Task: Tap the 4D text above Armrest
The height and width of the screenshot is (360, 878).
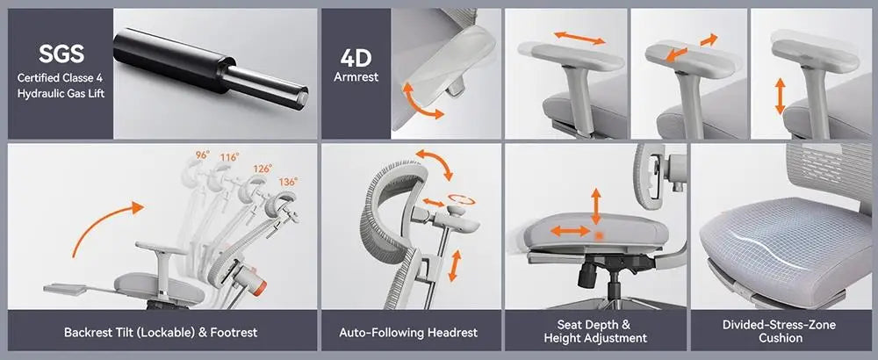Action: (356, 58)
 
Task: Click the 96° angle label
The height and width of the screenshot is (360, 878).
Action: (202, 155)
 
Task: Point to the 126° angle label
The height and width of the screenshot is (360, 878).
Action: (263, 168)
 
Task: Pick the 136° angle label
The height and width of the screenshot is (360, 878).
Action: (288, 182)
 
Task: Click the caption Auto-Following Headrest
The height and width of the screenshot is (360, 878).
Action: (408, 333)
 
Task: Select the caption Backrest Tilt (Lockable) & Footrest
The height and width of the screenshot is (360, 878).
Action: (161, 333)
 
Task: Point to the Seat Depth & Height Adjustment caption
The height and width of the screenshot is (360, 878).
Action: (595, 332)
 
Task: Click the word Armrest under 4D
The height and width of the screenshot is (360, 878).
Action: (356, 77)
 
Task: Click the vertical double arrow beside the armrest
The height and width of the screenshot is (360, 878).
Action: (780, 96)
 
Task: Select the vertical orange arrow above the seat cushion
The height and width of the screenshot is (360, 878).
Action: (597, 204)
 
